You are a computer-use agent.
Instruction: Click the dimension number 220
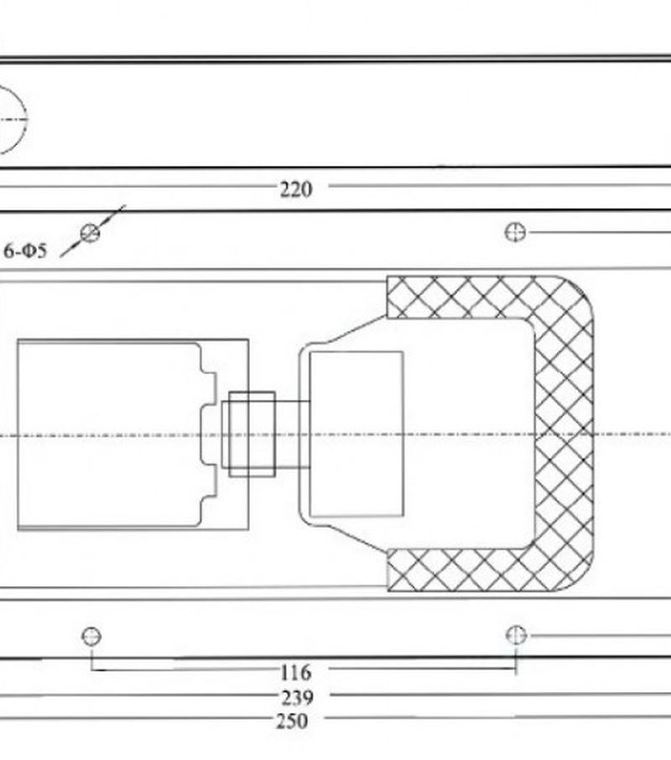pyautogui.click(x=296, y=189)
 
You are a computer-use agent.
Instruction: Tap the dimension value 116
pyautogui.click(x=295, y=672)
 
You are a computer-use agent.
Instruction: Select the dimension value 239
pyautogui.click(x=297, y=697)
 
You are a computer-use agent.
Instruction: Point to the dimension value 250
pyautogui.click(x=292, y=721)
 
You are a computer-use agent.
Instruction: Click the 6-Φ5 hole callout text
pyautogui.click(x=25, y=251)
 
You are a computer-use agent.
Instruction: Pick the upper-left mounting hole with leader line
pyautogui.click(x=90, y=232)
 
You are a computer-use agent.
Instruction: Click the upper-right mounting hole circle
pyautogui.click(x=515, y=232)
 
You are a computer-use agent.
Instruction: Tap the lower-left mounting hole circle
pyautogui.click(x=91, y=636)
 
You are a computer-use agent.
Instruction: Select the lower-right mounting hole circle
pyautogui.click(x=516, y=635)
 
